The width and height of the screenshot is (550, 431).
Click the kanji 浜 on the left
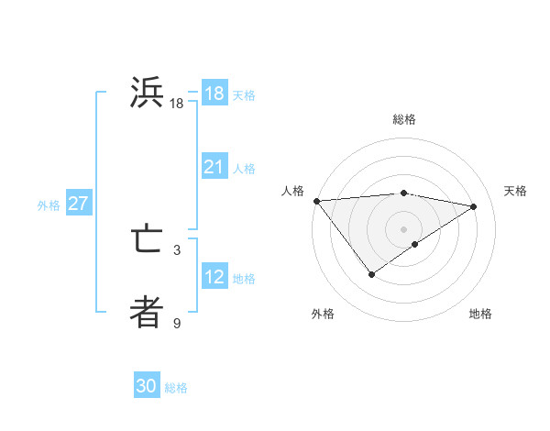(x=147, y=94)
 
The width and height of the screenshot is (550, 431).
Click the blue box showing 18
(x=214, y=94)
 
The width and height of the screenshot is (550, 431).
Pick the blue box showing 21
(x=214, y=167)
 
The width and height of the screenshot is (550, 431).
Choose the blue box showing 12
(x=214, y=277)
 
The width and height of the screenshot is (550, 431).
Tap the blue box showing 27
(x=78, y=204)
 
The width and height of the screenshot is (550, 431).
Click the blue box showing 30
(x=147, y=387)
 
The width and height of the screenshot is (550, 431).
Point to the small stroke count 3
(x=177, y=249)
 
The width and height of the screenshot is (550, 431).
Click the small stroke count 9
(x=177, y=323)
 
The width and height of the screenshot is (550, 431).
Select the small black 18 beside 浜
(x=177, y=104)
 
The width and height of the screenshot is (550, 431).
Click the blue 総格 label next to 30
(x=176, y=388)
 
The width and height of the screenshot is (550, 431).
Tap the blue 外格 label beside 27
(x=49, y=205)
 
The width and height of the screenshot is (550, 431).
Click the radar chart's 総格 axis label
(x=403, y=119)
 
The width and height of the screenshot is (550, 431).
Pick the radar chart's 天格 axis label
(x=515, y=191)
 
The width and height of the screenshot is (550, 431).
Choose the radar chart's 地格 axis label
(x=480, y=314)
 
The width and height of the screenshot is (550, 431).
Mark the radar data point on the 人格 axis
(x=316, y=201)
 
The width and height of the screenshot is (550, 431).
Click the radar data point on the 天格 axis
(x=473, y=206)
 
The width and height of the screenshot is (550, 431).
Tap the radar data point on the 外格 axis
(x=371, y=273)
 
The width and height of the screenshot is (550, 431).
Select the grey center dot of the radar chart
(x=403, y=228)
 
